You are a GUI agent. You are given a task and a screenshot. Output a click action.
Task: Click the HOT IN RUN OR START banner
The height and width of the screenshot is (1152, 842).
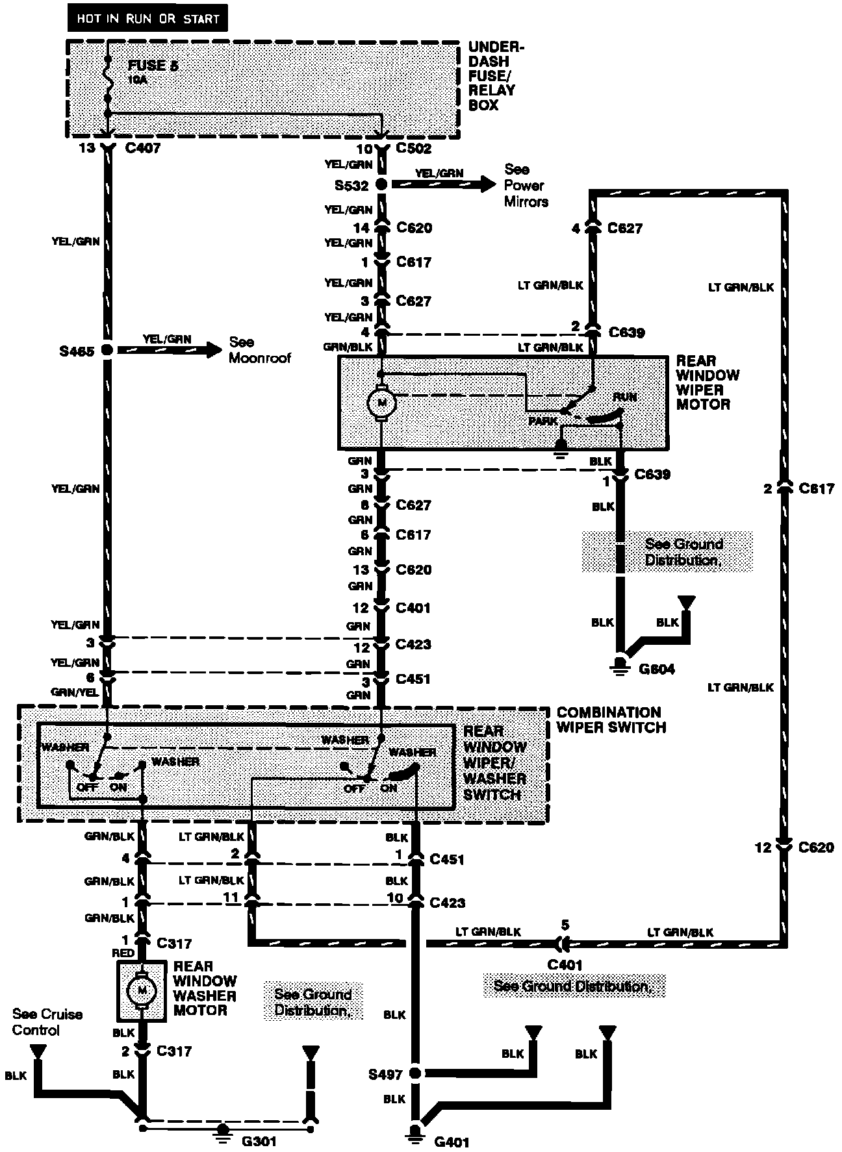tap(148, 19)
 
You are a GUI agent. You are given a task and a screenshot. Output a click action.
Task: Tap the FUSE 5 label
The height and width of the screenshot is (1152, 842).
tap(153, 66)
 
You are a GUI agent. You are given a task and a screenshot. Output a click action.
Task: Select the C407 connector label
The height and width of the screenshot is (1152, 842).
tap(142, 149)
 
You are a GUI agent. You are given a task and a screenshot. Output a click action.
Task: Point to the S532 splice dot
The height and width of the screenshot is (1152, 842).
tap(382, 185)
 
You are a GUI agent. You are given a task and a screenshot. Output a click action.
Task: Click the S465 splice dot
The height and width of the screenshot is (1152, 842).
tap(107, 350)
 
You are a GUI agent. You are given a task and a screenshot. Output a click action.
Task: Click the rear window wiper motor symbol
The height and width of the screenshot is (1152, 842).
tap(381, 403)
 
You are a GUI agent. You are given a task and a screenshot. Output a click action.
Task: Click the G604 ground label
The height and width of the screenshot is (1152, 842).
tap(657, 670)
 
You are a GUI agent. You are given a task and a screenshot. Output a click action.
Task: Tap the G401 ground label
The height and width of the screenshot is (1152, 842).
tap(451, 1142)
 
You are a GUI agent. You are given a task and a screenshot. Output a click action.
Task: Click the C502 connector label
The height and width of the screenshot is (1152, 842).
tap(413, 149)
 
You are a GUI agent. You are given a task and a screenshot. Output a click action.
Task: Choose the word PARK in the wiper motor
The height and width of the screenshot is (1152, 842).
tap(542, 421)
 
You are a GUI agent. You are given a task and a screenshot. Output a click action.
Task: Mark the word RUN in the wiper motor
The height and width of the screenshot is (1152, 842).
tap(624, 397)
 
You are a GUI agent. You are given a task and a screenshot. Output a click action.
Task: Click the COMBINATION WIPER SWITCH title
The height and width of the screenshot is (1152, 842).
tap(611, 720)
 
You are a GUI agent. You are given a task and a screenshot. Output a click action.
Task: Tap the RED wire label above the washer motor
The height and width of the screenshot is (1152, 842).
tap(123, 954)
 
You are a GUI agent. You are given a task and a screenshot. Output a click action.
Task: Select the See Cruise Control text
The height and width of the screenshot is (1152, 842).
tap(47, 1022)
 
